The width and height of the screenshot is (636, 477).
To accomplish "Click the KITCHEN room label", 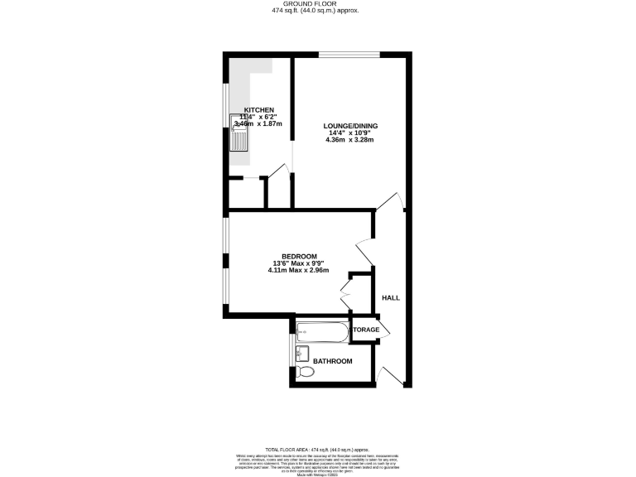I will tap(259, 109).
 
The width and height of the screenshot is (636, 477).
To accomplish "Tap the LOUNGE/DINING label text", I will tap(349, 125).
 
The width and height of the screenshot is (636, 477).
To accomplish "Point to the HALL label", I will tap(391, 297).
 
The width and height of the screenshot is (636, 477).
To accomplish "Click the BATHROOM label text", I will tap(332, 361).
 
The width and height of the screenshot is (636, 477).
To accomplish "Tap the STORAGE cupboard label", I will tap(365, 330).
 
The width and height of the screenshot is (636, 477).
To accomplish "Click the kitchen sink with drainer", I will tap(238, 137).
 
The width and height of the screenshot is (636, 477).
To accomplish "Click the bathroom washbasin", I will tap(301, 354).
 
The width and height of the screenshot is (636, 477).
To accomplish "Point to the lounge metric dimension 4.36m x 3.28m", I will tap(349, 140).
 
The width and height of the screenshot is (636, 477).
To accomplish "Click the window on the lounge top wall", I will tap(349, 55).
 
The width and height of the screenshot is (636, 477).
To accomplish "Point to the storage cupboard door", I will tap(384, 328).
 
